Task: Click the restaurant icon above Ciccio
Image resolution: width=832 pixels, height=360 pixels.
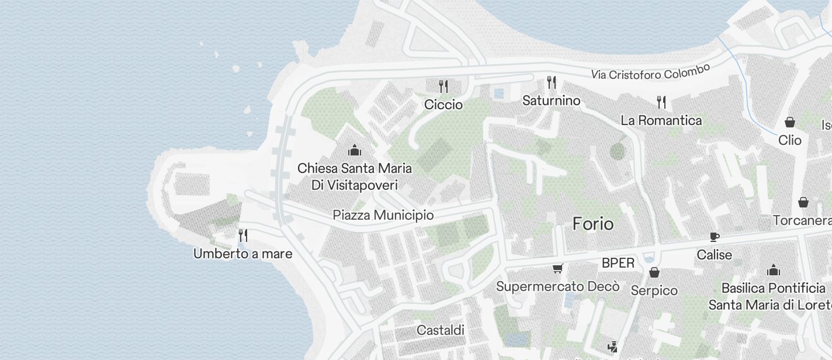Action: point(443,87)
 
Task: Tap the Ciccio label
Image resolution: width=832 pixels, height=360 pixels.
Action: point(443,105)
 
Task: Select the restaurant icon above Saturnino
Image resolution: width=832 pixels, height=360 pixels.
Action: point(551,82)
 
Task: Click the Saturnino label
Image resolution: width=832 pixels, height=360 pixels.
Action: point(551,101)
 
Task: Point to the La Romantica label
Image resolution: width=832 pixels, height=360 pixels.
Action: point(661,120)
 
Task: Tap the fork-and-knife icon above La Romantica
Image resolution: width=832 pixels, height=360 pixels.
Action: point(661,102)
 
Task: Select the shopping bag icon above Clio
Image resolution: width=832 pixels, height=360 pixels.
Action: point(790,122)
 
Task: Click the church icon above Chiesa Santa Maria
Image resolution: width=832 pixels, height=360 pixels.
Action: point(354,150)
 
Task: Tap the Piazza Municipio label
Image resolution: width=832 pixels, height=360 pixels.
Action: point(383,215)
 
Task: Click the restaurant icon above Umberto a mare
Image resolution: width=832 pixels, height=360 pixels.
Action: point(243,236)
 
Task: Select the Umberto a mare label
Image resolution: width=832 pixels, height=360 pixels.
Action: point(243,254)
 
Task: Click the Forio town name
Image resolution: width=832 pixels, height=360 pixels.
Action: point(593,224)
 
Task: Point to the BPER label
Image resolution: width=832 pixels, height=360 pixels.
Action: point(618,263)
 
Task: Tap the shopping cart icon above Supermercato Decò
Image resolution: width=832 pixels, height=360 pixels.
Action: point(557,269)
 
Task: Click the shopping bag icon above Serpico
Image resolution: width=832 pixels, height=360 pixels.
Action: point(654,272)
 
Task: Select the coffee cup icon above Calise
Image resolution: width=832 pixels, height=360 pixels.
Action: point(714,237)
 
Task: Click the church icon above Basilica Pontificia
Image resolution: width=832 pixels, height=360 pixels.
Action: point(774,270)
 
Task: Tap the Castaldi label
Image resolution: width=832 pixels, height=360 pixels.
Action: point(441,330)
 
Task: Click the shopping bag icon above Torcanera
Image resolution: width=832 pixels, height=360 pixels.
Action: point(803,202)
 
